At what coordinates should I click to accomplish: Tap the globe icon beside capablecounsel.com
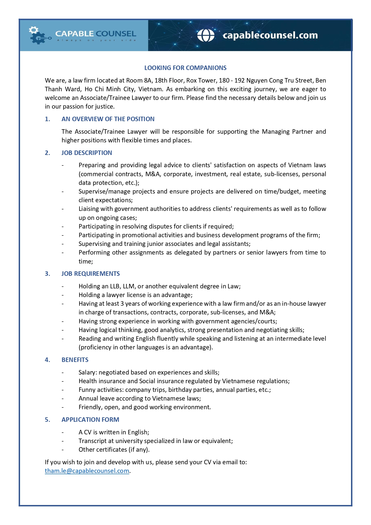pyautogui.click(x=206, y=35)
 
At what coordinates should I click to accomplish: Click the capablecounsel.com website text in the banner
pyautogui.click(x=270, y=35)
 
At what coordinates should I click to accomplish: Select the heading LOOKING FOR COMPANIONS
pyautogui.click(x=185, y=68)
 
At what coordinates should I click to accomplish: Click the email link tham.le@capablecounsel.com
pyautogui.click(x=87, y=471)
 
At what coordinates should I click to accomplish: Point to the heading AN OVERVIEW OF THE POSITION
pyautogui.click(x=108, y=119)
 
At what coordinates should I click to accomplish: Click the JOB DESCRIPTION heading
pyautogui.click(x=87, y=153)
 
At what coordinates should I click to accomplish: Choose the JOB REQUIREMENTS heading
pyautogui.click(x=91, y=274)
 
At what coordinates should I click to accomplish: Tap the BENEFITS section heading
pyautogui.click(x=75, y=360)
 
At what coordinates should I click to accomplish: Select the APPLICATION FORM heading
pyautogui.click(x=90, y=420)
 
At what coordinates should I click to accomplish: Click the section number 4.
pyautogui.click(x=47, y=360)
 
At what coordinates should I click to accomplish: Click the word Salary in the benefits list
pyautogui.click(x=87, y=372)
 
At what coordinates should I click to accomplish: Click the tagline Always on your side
pyautogui.click(x=96, y=40)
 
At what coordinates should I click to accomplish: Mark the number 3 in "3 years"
pyautogui.click(x=122, y=304)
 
